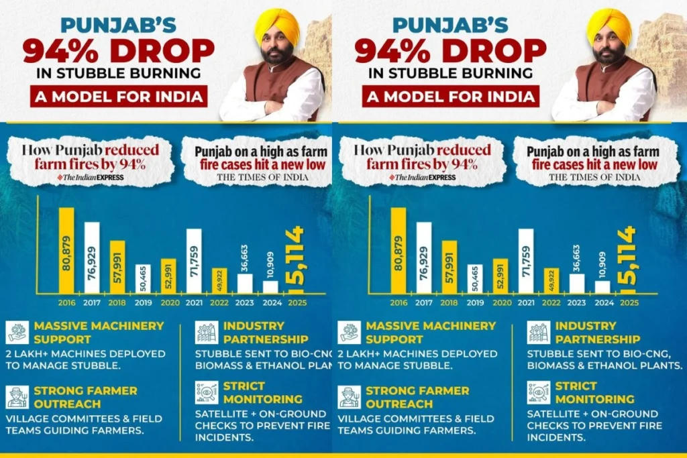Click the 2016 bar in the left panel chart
[x=66, y=250]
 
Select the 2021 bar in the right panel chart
[x=526, y=261]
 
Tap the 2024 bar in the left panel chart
[x=270, y=286]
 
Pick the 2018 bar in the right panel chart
[x=450, y=267]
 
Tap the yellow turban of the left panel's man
[x=276, y=25]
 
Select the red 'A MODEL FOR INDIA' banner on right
[x=450, y=96]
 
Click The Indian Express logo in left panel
[x=90, y=177]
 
